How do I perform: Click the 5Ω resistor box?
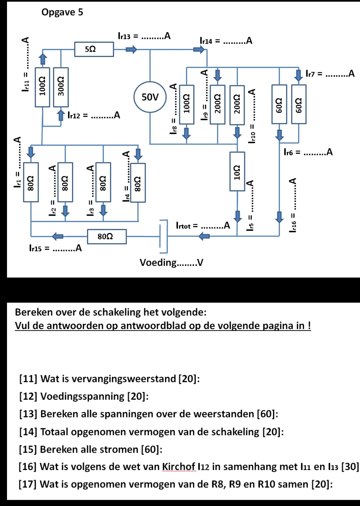94,49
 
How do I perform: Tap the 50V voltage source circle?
150,97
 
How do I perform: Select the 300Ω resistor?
61,87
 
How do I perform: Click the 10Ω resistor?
237,172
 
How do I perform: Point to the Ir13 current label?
144,36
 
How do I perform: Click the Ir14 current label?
226,41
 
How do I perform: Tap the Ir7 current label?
330,73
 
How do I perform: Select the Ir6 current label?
308,152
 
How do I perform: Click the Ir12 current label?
94,115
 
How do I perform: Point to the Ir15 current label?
56,248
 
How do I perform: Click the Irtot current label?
203,225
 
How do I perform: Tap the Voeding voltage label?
172,262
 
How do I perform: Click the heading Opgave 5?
62,12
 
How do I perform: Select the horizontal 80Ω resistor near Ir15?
107,237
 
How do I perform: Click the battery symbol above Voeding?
164,236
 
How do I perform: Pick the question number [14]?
28,432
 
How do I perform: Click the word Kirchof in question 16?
179,467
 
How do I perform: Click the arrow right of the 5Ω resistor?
131,49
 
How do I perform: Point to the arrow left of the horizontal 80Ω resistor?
58,237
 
